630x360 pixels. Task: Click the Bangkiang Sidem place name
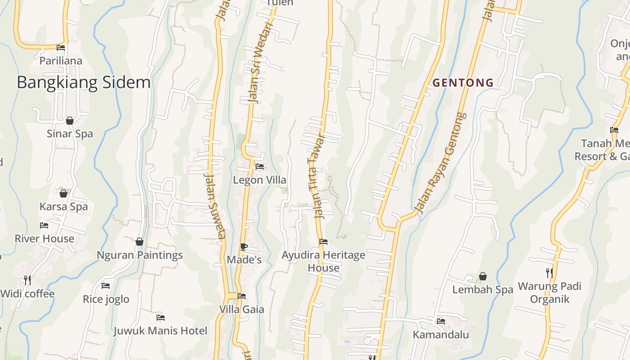84,83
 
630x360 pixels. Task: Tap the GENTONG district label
463,83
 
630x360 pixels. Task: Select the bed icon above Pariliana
61,48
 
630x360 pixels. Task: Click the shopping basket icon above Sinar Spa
70,121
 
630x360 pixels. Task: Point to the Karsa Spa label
63,207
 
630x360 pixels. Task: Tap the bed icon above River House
44,225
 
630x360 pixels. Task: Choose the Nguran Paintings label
140,255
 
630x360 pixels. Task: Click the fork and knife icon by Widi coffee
27,280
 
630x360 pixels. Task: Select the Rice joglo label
106,299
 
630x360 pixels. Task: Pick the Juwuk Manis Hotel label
160,331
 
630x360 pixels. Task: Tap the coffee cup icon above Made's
243,247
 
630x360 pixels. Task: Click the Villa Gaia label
242,310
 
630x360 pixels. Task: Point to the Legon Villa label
260,180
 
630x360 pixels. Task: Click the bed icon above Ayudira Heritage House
324,242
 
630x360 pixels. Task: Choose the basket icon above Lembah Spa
483,276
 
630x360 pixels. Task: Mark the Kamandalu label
441,335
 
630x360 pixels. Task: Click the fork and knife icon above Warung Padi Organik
549,273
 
